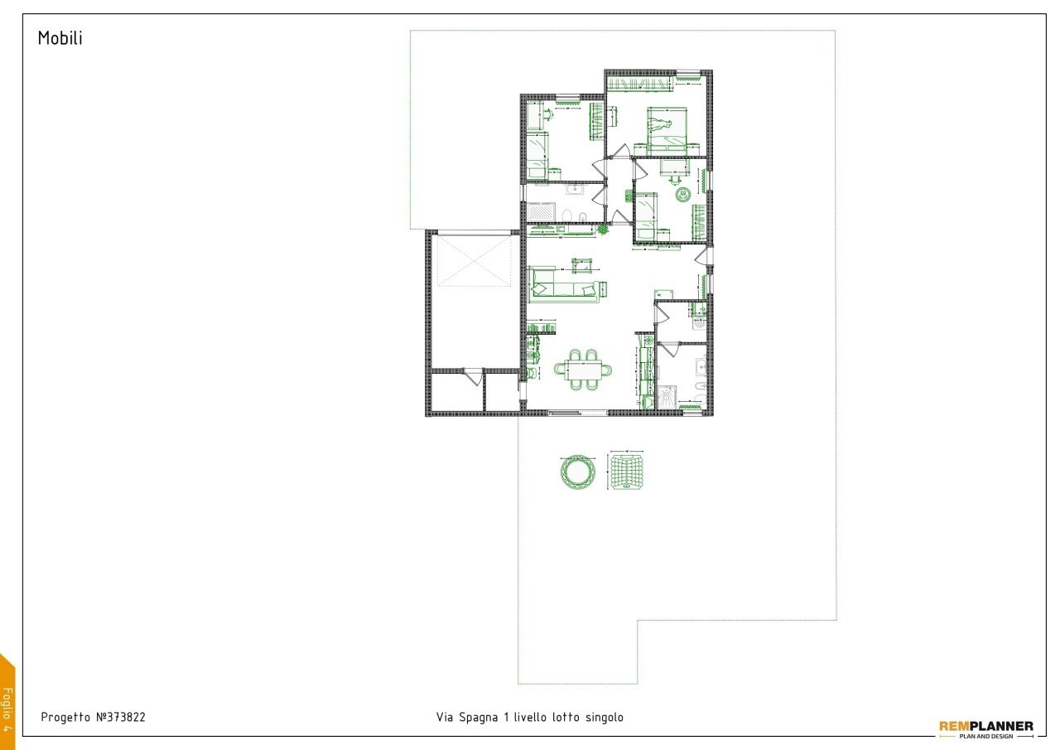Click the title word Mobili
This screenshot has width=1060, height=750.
coord(60,38)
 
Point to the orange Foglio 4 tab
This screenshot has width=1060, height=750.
coord(7,704)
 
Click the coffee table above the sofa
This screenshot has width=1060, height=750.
coord(582,265)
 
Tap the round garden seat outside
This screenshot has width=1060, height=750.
coord(577,472)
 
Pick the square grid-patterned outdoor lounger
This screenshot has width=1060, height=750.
coord(628,472)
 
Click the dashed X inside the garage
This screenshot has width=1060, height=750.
coord(475,260)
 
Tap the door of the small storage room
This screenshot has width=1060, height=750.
coord(474,378)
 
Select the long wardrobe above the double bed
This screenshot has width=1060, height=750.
coord(640,84)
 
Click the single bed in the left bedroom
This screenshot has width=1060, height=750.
coord(538,153)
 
